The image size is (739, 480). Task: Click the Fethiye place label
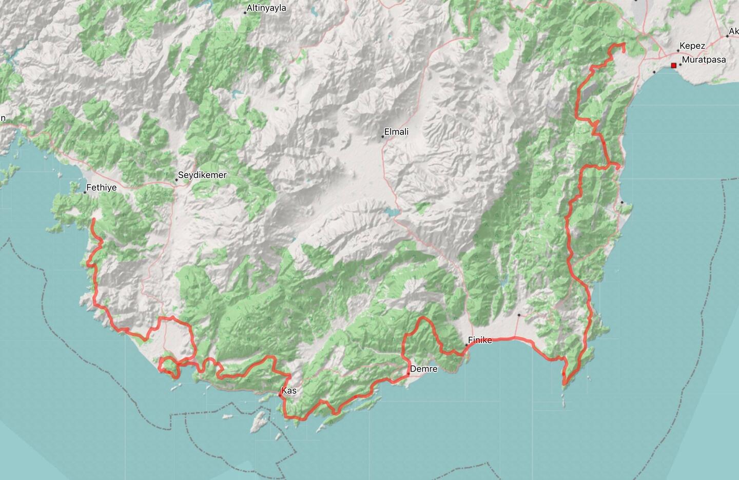(x=101, y=188)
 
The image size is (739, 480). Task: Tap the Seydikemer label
(x=202, y=175)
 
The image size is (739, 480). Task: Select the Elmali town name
(x=397, y=132)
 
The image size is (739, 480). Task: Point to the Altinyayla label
(x=266, y=8)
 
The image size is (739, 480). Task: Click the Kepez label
(x=692, y=46)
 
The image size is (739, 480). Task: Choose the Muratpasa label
(x=704, y=60)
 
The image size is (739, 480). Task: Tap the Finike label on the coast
(x=480, y=340)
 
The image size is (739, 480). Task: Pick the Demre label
(x=424, y=369)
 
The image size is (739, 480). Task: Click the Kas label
(x=289, y=391)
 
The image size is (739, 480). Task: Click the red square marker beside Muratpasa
(x=674, y=66)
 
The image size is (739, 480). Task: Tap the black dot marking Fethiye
(x=85, y=192)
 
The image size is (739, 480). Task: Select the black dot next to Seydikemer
(x=176, y=180)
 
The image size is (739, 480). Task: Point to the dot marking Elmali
(x=383, y=137)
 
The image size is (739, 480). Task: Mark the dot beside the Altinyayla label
(x=245, y=13)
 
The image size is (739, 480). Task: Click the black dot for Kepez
(x=678, y=51)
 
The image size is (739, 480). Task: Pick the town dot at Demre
(x=409, y=374)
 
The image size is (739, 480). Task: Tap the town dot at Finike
(x=466, y=345)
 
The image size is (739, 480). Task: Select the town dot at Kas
(x=280, y=395)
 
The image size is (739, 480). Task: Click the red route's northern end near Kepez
(x=624, y=51)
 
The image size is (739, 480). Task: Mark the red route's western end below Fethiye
(x=93, y=220)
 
